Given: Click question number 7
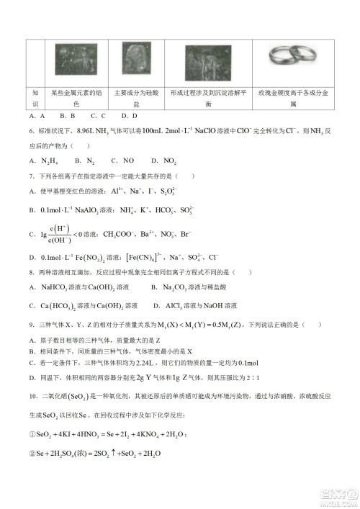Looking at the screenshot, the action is click(32, 176).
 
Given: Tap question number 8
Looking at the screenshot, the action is click(32, 273).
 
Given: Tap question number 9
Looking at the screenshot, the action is click(32, 325).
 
